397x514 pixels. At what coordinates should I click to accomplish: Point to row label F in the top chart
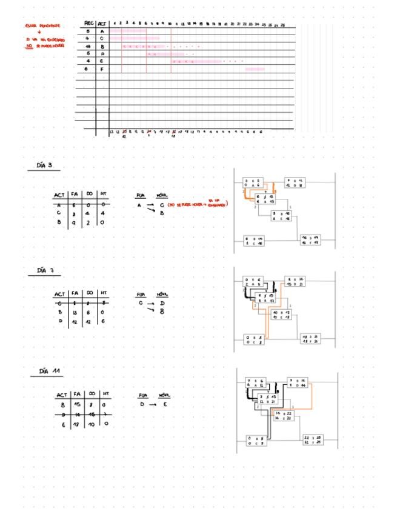coord(102,69)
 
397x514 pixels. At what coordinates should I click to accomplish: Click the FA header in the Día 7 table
coord(73,296)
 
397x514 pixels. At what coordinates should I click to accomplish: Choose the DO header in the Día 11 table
coord(90,394)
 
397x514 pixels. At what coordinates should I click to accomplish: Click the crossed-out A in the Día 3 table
coord(59,205)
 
